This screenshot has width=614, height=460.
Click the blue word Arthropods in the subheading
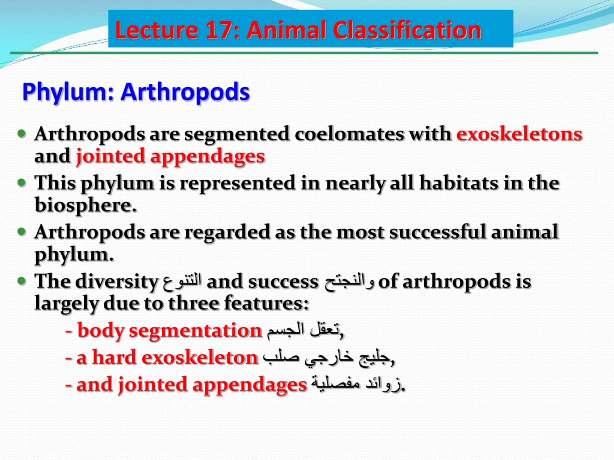(185, 92)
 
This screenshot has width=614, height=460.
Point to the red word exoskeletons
(519, 134)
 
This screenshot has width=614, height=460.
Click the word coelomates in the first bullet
(349, 134)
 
